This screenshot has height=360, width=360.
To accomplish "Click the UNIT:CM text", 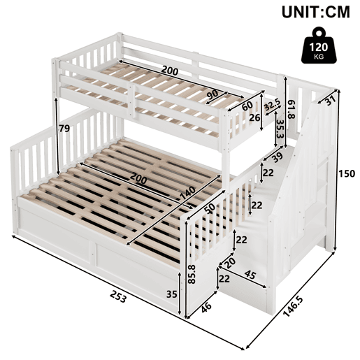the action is pos(316,12).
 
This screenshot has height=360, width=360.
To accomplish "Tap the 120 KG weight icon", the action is pos(319,45).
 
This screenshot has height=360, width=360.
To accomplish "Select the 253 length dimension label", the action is pos(118,296).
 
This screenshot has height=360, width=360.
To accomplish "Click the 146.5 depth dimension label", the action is pos(294,306).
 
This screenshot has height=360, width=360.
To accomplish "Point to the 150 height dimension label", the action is pos(347,173).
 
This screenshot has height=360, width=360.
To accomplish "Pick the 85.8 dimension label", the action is pos(192,274).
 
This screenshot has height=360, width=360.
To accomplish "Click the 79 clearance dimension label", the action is pos(64,128).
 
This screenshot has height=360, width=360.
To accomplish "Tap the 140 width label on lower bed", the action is pos(188,193).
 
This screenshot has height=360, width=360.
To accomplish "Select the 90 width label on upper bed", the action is pos(213,95).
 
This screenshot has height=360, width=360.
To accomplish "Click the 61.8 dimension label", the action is pos(291,110).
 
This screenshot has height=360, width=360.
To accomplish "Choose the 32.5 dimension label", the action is pos(273,106).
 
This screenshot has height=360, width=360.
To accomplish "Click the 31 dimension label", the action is pos(330,101).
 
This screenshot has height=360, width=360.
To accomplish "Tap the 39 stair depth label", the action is pos(278,157).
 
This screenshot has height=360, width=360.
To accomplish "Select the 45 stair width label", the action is pos(250,275).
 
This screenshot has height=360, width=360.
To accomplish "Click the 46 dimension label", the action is pos(207,308).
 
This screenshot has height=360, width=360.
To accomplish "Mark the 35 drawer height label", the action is pos(172,294).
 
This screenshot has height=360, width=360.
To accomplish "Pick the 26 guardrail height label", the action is pos(254,118).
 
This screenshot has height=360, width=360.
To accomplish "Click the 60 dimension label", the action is pos(247,106).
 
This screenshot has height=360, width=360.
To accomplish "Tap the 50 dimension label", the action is pos(210,208).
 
